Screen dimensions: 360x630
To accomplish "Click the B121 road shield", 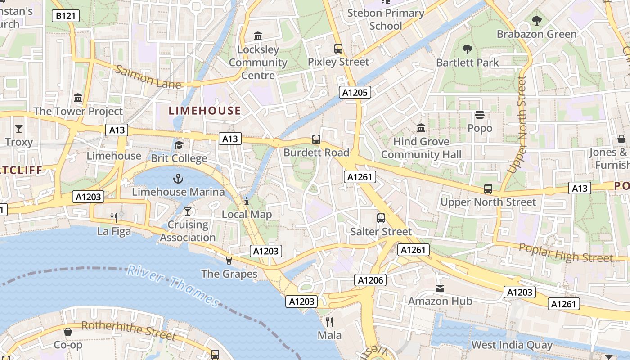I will (x=65, y=16).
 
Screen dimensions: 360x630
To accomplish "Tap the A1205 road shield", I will (x=355, y=93).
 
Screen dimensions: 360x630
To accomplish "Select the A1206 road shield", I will (x=370, y=280).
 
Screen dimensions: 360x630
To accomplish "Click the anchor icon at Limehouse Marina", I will (x=179, y=179).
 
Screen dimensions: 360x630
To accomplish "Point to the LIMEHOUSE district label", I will (x=205, y=111).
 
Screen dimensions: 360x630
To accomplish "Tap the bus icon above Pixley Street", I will (x=338, y=49).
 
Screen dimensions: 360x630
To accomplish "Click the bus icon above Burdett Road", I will (x=316, y=139).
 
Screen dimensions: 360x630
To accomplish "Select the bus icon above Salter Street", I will (x=381, y=218).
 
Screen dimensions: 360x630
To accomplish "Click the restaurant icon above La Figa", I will (x=114, y=218).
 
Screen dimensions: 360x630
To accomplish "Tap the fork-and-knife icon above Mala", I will (x=329, y=322).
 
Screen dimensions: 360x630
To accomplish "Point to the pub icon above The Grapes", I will (x=229, y=260).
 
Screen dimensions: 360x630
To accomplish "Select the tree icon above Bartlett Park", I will (x=468, y=49).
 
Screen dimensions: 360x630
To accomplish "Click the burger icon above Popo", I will (x=480, y=115).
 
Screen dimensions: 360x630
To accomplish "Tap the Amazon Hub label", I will (x=440, y=301).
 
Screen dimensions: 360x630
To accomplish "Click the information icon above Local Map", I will (x=247, y=201).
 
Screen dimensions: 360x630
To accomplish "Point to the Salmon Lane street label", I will (x=148, y=77).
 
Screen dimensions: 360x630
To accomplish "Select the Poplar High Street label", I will (x=566, y=253).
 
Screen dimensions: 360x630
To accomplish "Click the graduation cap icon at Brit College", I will (x=179, y=145).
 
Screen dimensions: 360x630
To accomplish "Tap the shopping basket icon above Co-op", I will (x=68, y=332).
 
